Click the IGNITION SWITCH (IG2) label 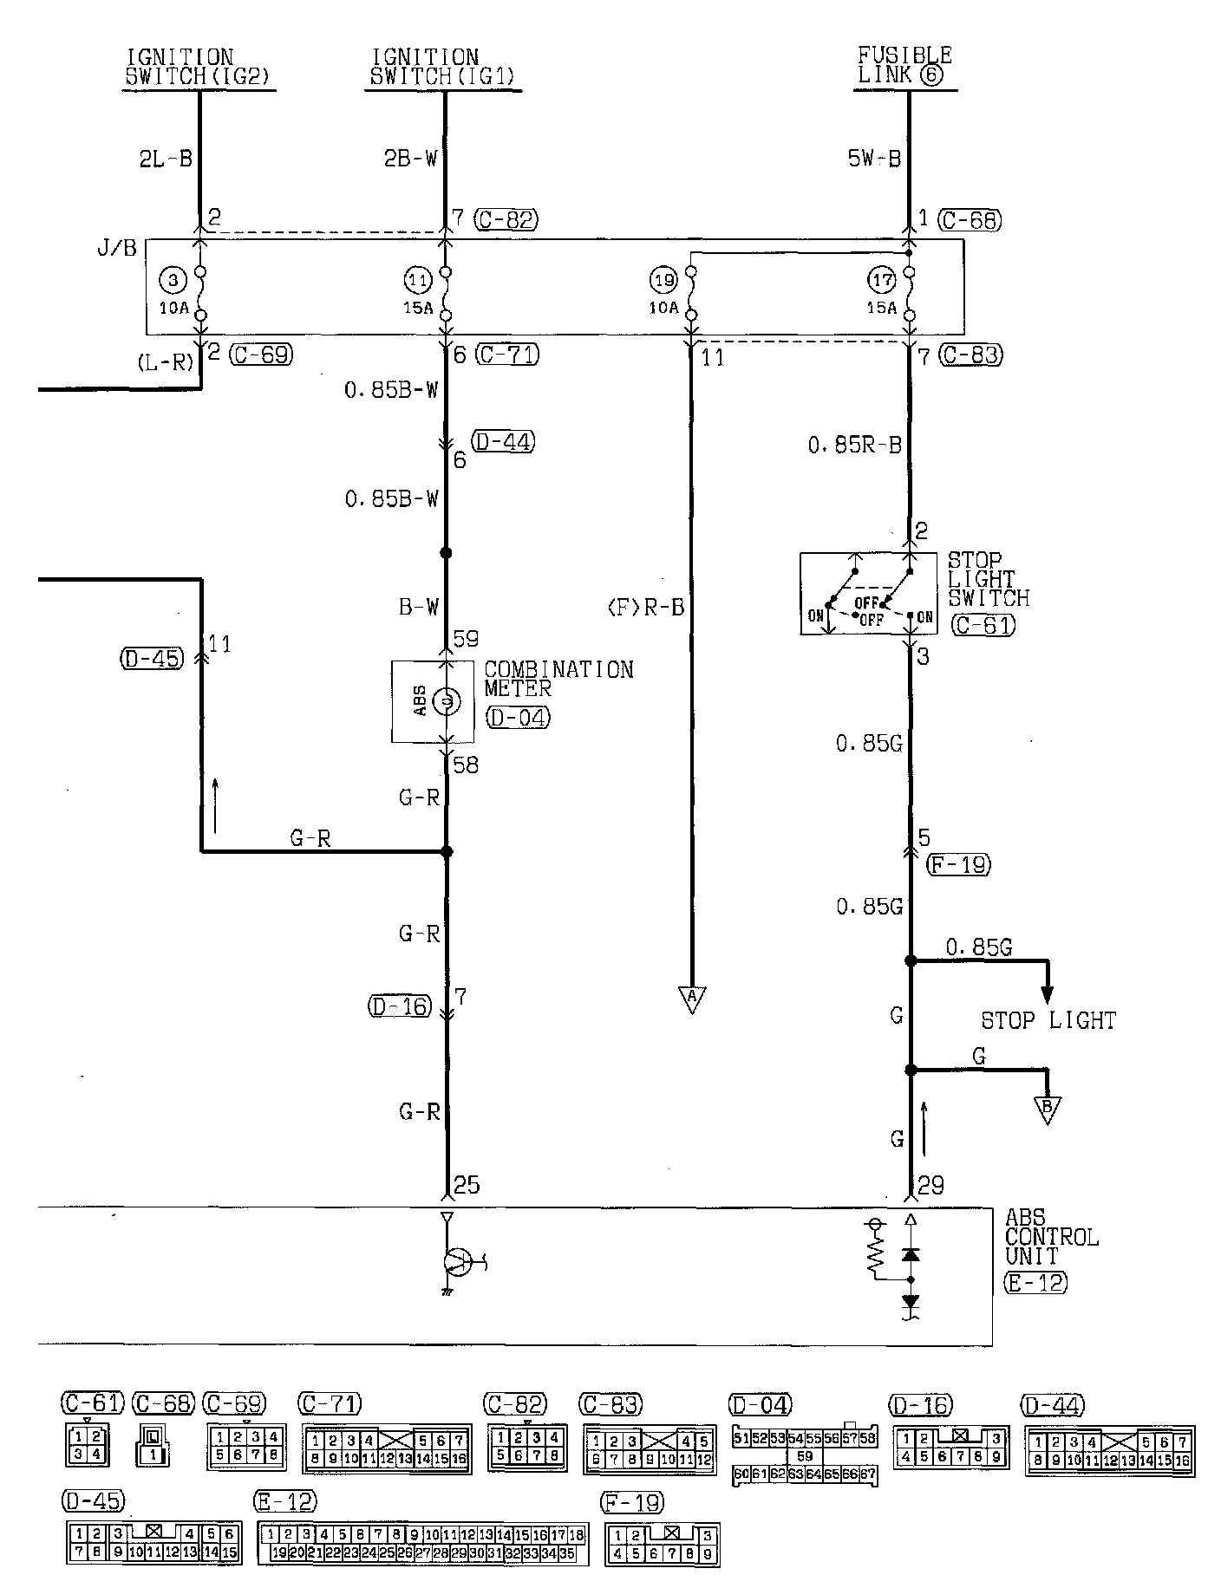199,67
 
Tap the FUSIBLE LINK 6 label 904,66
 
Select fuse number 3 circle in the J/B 173,280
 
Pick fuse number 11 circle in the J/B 417,280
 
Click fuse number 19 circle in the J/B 663,280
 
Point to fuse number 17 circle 881,280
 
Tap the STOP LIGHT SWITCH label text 987,579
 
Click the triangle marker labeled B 1048,1109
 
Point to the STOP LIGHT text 1048,1020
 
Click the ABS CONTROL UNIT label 1051,1237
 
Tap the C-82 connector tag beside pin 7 506,220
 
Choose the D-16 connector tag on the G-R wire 398,1006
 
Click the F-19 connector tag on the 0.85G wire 958,864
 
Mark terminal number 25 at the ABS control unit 467,1185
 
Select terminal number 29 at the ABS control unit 930,1185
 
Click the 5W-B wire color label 874,159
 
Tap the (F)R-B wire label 645,608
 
